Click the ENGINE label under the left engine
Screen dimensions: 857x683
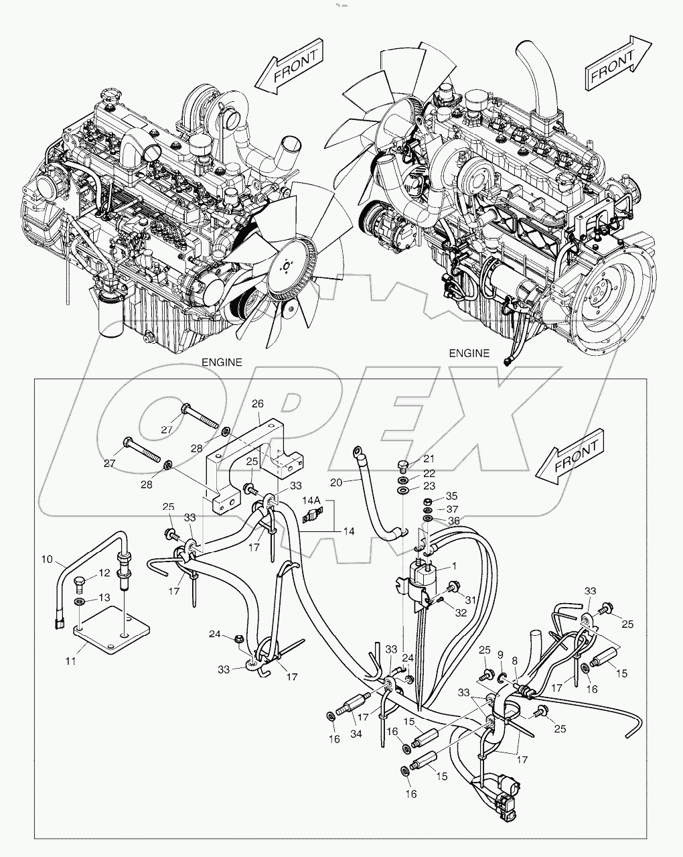[222, 362]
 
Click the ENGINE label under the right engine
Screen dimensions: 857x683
[469, 353]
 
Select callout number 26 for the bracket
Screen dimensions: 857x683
[258, 404]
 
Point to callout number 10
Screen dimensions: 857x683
[47, 559]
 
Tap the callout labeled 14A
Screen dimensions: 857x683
[311, 501]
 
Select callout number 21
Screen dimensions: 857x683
[429, 459]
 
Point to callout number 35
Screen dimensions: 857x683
[452, 497]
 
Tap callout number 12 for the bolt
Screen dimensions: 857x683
[104, 573]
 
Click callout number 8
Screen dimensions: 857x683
[514, 660]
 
